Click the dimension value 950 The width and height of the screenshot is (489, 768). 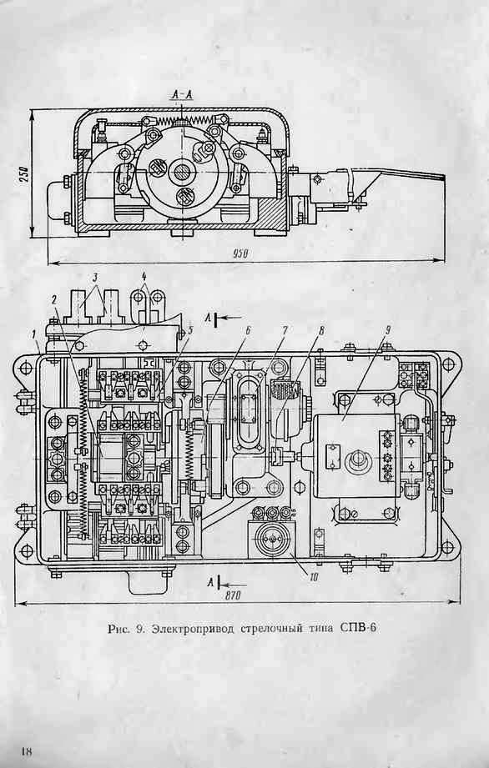click(x=241, y=253)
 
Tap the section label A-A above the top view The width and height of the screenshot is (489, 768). click(x=181, y=94)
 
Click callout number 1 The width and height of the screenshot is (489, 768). click(x=34, y=334)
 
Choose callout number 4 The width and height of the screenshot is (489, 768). click(x=144, y=275)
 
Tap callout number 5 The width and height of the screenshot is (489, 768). click(x=191, y=329)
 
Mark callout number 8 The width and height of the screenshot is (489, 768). click(x=321, y=330)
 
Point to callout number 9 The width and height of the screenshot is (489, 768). click(x=387, y=330)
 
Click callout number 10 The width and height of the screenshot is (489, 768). click(x=314, y=577)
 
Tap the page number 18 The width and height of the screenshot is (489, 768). click(x=27, y=750)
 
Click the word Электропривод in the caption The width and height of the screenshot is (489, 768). click(x=194, y=629)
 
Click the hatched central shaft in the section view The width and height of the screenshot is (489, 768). click(x=182, y=173)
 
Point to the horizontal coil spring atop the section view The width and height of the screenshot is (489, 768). click(x=181, y=119)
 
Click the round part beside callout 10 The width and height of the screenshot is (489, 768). click(x=271, y=540)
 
